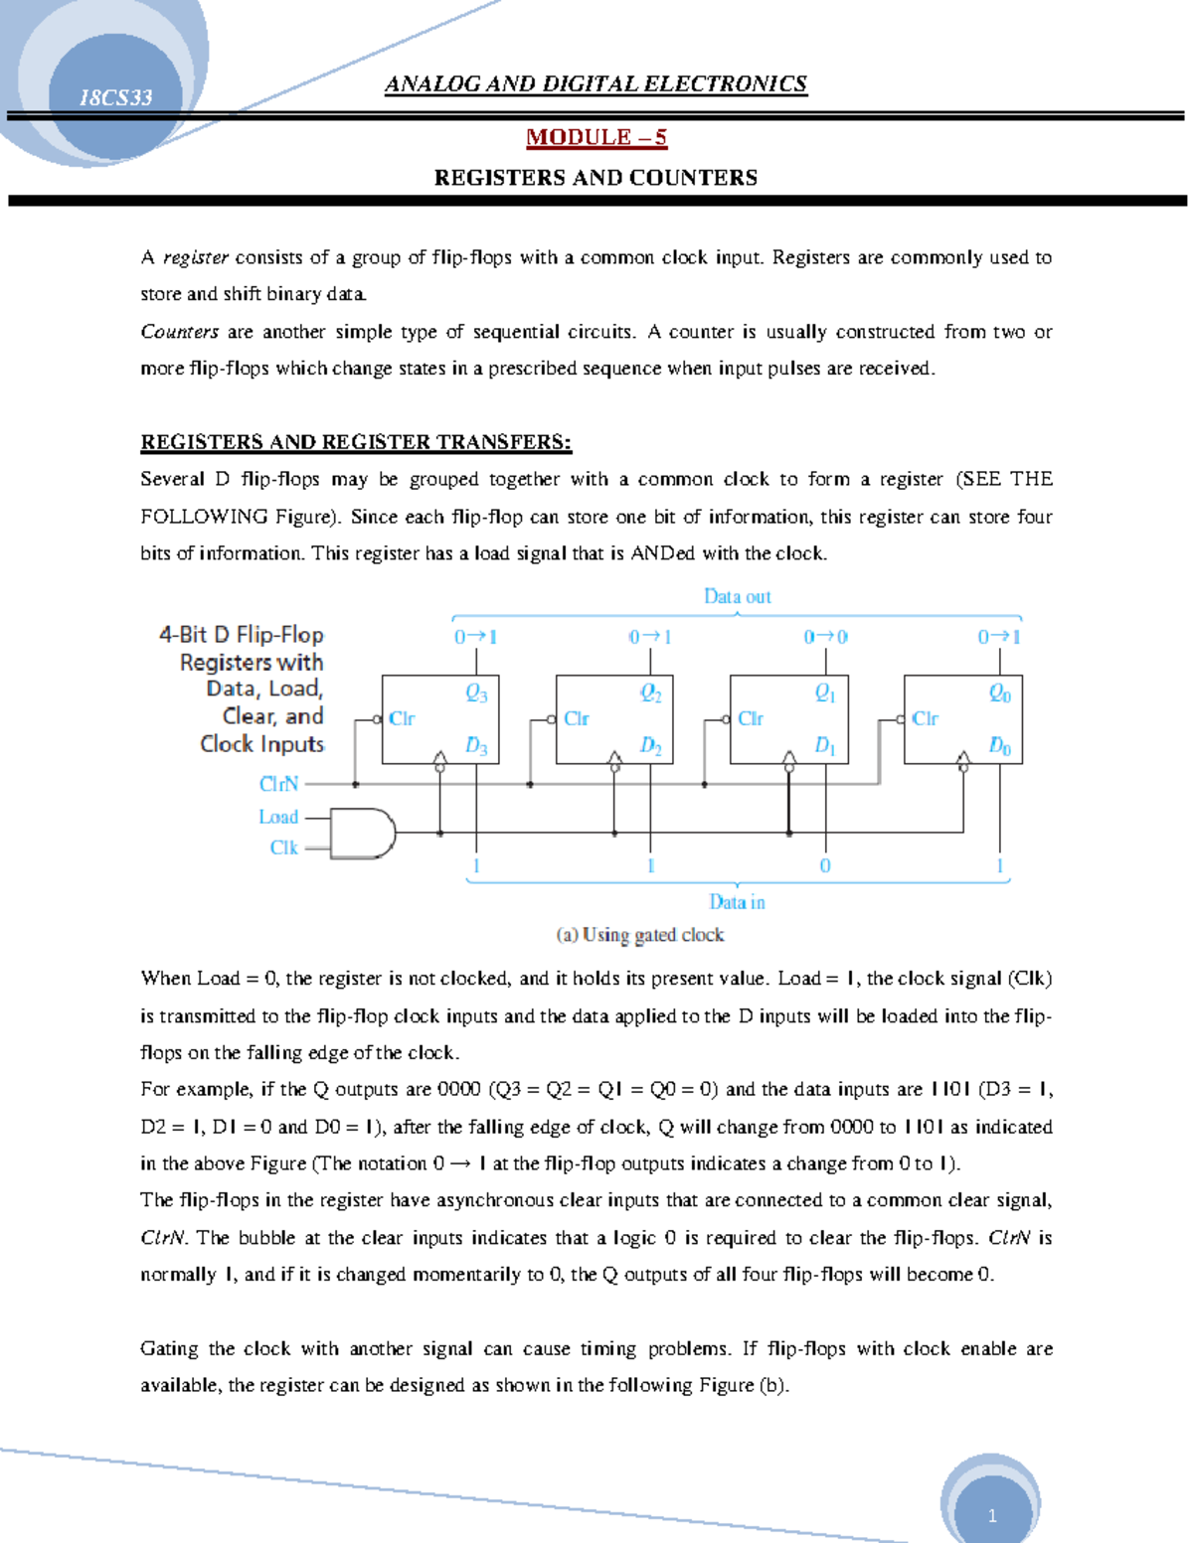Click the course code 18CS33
click(115, 97)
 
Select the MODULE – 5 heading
click(596, 137)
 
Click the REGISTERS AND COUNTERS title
click(596, 178)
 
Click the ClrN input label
click(278, 784)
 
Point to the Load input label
click(278, 817)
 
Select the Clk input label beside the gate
click(283, 848)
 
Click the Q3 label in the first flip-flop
click(477, 694)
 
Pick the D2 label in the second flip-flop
click(650, 745)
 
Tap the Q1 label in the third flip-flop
click(825, 694)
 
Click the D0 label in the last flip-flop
click(999, 745)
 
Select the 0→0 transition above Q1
click(825, 637)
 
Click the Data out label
click(737, 596)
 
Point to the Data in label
click(737, 902)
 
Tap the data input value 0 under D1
click(825, 866)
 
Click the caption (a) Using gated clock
click(640, 935)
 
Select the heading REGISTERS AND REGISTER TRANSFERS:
click(356, 442)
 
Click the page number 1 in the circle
click(991, 1516)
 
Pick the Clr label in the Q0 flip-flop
click(925, 718)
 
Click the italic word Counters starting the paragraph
click(179, 332)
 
